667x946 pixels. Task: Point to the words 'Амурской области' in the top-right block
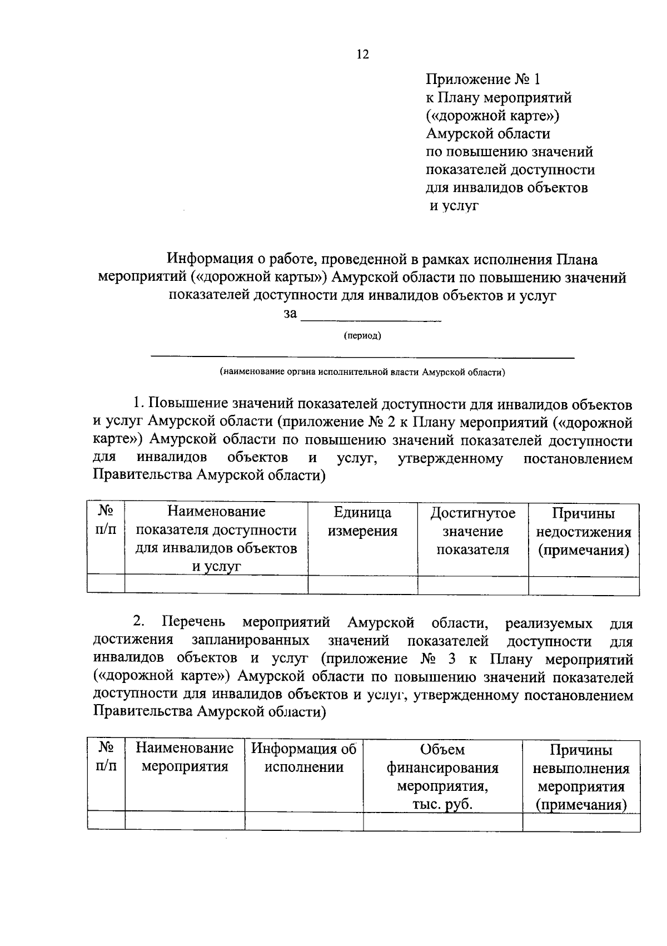[x=488, y=133]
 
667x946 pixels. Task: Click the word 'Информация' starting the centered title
[x=208, y=259]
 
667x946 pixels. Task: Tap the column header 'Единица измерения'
[x=362, y=522]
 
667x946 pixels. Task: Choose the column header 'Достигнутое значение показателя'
[x=472, y=531]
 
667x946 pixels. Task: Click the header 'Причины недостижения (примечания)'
[x=583, y=532]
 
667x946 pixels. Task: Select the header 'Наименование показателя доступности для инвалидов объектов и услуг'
[x=216, y=538]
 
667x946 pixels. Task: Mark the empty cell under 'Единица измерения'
[x=362, y=585]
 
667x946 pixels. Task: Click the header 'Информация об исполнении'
[x=303, y=758]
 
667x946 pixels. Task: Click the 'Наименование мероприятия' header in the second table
[x=185, y=757]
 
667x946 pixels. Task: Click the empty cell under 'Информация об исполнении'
[x=303, y=821]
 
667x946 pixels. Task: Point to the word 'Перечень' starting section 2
[x=195, y=622]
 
